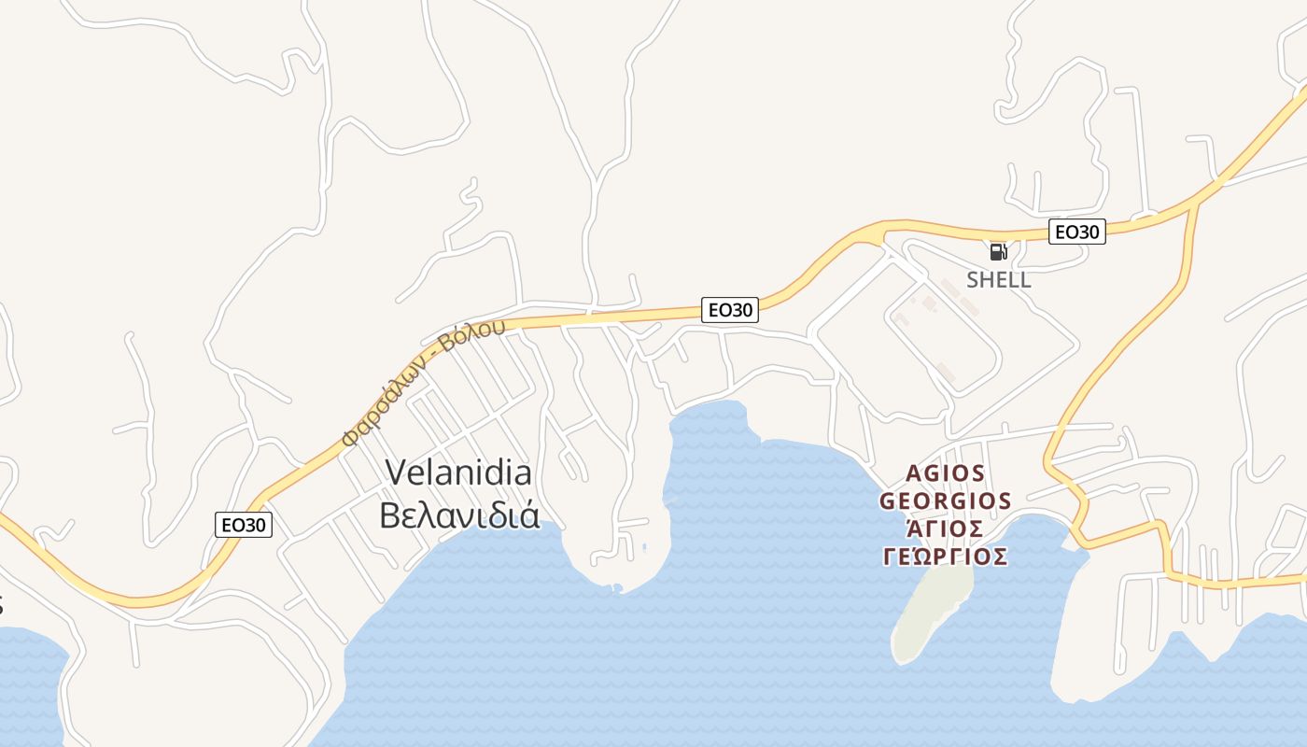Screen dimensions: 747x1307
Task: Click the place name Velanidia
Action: [458, 472]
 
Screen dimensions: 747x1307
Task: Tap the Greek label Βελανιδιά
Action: [459, 514]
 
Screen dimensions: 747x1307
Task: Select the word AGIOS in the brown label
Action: [946, 472]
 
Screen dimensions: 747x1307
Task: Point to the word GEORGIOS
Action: [946, 500]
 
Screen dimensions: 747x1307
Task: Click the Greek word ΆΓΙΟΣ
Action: [946, 529]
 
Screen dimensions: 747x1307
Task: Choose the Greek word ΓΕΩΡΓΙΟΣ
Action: [946, 557]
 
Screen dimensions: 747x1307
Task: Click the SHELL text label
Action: [999, 280]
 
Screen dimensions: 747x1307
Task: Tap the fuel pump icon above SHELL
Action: [998, 251]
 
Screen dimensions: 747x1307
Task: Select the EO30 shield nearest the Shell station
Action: [1076, 232]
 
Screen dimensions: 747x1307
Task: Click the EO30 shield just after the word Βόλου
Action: [730, 310]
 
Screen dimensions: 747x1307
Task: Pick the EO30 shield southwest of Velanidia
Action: [244, 525]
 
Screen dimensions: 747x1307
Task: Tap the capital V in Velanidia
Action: [395, 472]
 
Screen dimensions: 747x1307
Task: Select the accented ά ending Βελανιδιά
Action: [530, 514]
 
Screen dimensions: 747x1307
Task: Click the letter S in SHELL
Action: [973, 280]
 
